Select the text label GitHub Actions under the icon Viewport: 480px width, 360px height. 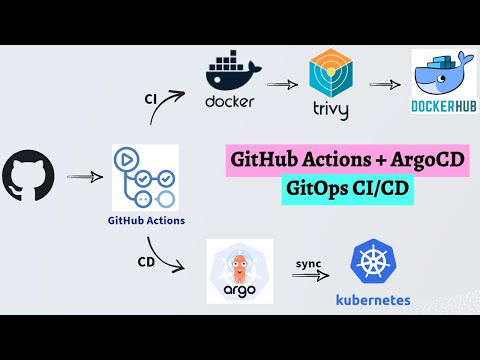pos(146,220)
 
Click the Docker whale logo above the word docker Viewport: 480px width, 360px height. pos(231,71)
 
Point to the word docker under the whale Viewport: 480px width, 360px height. pos(231,101)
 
